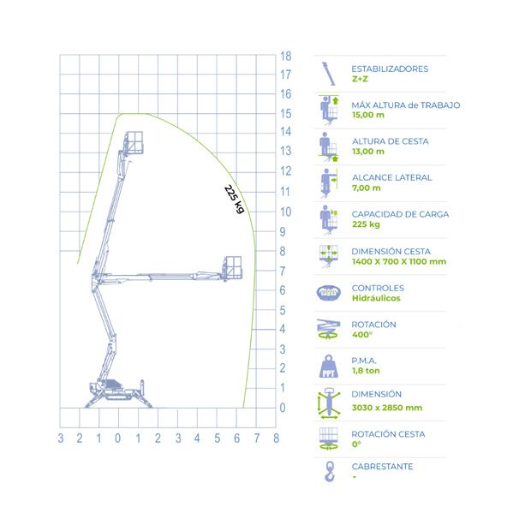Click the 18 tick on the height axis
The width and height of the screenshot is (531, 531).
click(285, 57)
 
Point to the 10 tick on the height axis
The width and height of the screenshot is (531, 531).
click(285, 212)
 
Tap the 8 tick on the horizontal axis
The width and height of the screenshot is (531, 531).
click(277, 439)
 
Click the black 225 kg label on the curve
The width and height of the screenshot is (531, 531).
click(234, 199)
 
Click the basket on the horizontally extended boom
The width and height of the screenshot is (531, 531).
click(232, 267)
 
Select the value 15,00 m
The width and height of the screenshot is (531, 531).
click(368, 115)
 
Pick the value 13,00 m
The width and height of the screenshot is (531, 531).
click(368, 152)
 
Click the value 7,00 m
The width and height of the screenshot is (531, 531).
click(366, 188)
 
